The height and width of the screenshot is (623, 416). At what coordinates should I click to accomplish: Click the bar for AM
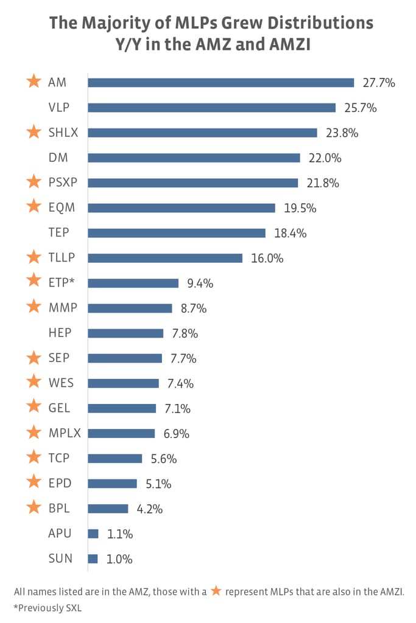coord(220,83)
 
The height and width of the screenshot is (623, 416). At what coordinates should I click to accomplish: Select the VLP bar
coord(211,108)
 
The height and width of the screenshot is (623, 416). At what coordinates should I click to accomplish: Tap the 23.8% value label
coord(342,133)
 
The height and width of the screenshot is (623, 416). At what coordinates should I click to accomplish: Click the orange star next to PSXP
coord(34,182)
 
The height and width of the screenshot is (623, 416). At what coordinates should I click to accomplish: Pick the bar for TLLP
coord(165,258)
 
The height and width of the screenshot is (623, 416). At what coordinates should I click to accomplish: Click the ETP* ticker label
coord(63,283)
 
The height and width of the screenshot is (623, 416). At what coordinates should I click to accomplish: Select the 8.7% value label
coord(194,308)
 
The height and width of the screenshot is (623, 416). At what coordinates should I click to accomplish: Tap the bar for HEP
coord(125,333)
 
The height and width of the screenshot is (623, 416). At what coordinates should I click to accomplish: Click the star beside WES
coord(34,383)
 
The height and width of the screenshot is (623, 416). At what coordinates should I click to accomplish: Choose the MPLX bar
coord(121,433)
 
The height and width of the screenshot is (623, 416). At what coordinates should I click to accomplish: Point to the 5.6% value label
coord(164,459)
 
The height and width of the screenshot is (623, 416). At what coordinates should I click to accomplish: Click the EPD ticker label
coord(60,484)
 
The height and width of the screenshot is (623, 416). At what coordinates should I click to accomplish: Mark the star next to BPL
coord(34,508)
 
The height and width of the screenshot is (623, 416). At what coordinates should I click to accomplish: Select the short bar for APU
coord(93,534)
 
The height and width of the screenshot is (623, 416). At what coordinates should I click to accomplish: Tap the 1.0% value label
coord(119,559)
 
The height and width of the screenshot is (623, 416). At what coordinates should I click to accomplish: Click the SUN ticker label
coord(60,559)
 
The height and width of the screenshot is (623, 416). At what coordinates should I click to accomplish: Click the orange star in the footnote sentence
coord(215,590)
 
